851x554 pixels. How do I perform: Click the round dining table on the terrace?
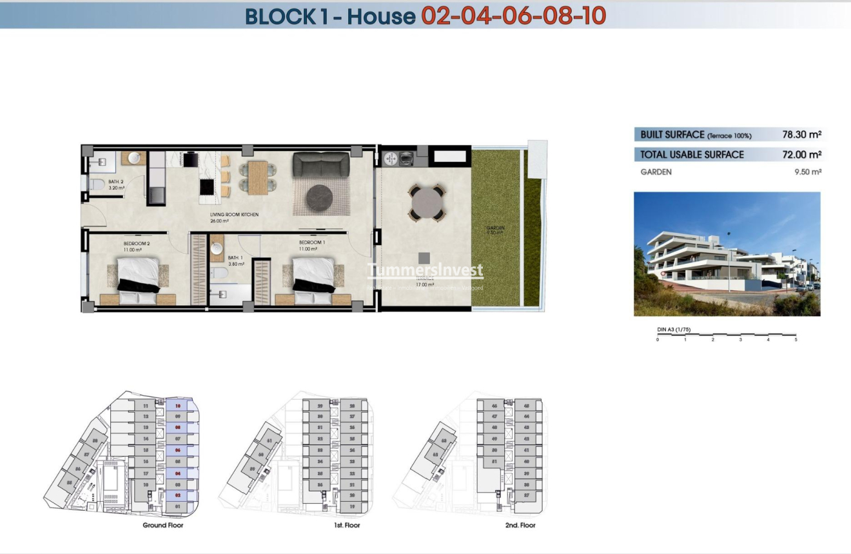pos(426,205)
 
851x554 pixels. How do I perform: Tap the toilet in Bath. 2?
pos(97,185)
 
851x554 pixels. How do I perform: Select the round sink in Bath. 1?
pos(217,248)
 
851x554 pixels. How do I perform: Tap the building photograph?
pos(727,253)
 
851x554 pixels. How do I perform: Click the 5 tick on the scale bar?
pos(796,339)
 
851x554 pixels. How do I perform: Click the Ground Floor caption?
pos(163,526)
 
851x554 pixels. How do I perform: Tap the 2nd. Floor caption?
pos(520,526)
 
